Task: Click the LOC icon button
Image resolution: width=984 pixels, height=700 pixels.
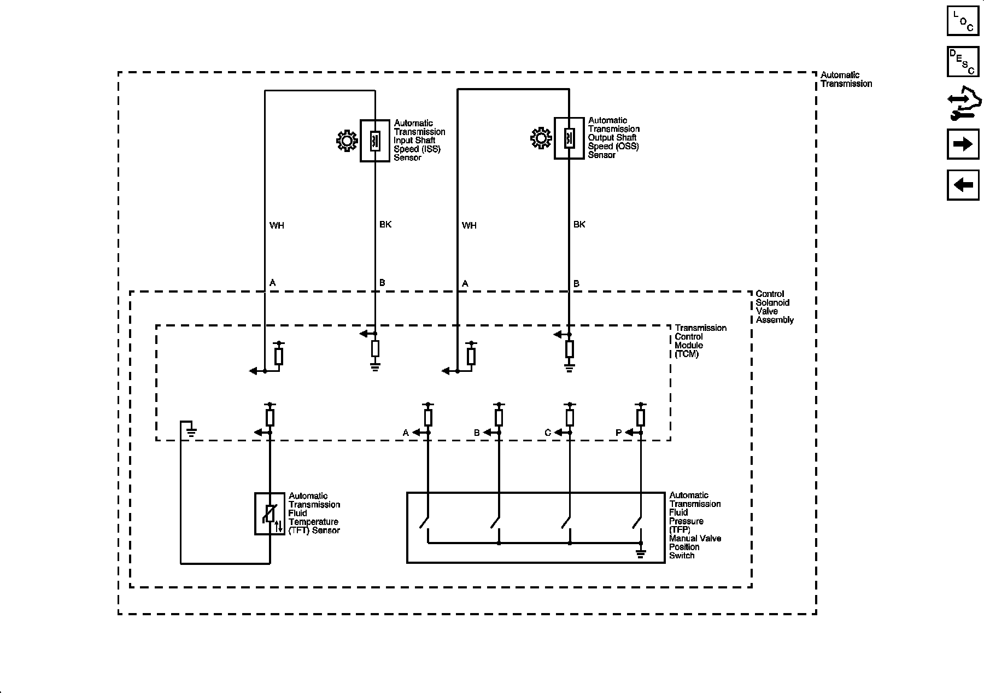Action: coord(963,20)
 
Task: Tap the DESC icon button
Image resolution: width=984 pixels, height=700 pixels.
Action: coord(963,61)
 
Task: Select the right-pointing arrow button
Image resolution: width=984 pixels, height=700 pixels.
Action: coord(963,144)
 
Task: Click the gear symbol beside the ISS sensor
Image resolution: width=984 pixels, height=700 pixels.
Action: coord(347,141)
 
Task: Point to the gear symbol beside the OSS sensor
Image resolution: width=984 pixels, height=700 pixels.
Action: coord(541,138)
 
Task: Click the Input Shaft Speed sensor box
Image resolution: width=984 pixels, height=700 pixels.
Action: coord(375,141)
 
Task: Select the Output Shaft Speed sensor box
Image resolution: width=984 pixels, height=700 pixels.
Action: coord(569,138)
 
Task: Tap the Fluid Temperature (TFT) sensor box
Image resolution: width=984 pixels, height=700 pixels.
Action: coord(270,514)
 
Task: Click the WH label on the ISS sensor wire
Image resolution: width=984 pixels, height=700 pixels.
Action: coord(277,225)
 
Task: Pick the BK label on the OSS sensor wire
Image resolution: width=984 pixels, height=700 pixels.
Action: coord(579,224)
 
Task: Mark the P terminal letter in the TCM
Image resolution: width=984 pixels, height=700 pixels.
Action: coord(619,433)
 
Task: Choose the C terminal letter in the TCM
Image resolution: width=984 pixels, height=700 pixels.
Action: coord(548,433)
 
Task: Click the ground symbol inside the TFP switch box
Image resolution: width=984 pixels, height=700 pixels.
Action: coord(641,553)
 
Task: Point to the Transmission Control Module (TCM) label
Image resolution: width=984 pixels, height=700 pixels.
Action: coord(700,341)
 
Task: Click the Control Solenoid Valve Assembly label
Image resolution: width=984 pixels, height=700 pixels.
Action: coord(775,307)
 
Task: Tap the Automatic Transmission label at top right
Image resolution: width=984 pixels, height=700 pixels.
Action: coord(846,79)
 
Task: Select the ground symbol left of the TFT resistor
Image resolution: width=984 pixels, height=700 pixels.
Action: coord(191,433)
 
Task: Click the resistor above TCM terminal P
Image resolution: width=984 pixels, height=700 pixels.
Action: coord(641,418)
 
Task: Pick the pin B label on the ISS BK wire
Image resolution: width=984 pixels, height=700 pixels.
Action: coord(382,283)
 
